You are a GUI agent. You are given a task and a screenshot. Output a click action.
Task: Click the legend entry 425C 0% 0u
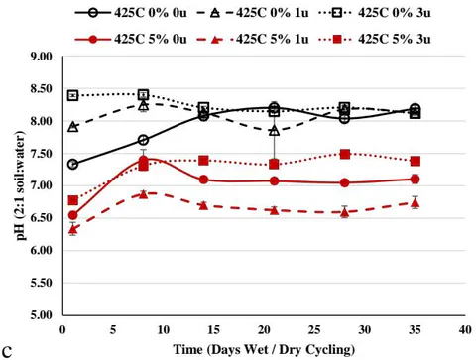pyautogui.click(x=131, y=13)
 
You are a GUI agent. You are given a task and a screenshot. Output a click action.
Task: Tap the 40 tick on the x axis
pyautogui.click(x=465, y=329)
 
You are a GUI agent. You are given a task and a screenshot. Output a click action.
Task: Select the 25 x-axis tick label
pyautogui.click(x=314, y=329)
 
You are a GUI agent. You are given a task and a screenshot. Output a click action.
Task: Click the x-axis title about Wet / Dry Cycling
pyautogui.click(x=264, y=350)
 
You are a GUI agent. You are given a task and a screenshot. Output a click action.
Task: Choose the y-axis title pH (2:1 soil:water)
pyautogui.click(x=21, y=185)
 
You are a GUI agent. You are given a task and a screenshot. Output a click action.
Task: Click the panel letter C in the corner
pyautogui.click(x=7, y=352)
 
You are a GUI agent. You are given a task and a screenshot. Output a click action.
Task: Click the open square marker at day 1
pyautogui.click(x=73, y=96)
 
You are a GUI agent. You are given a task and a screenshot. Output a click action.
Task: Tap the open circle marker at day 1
pyautogui.click(x=73, y=164)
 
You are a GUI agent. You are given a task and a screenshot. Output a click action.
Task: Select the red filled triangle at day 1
pyautogui.click(x=73, y=229)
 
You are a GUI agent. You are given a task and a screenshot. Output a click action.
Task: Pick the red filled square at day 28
pyautogui.click(x=345, y=154)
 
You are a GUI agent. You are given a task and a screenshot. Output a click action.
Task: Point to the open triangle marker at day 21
pyautogui.click(x=274, y=131)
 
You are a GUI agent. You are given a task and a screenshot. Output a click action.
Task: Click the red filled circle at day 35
pyautogui.click(x=416, y=180)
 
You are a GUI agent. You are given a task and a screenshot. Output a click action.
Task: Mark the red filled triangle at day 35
pyautogui.click(x=416, y=203)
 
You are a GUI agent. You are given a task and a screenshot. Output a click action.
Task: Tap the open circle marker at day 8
pyautogui.click(x=143, y=140)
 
